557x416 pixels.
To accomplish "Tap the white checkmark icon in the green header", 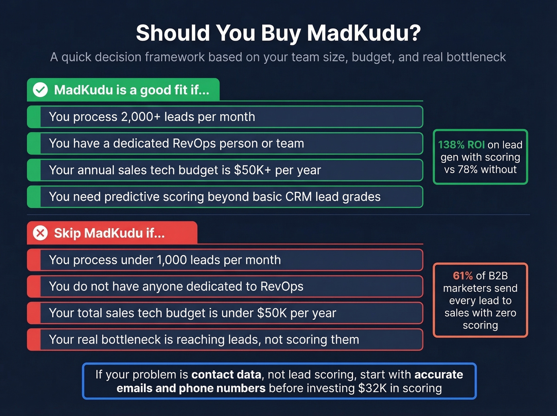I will click(40, 90).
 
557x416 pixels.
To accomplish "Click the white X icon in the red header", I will click(40, 233).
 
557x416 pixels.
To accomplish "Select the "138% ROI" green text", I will click(461, 145).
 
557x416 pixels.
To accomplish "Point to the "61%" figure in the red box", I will click(463, 276).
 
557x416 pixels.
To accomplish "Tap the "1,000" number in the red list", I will click(172, 260).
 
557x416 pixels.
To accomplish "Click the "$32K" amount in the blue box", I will click(372, 388).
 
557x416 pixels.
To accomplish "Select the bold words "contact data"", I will click(226, 375).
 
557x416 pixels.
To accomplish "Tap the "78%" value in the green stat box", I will click(467, 170).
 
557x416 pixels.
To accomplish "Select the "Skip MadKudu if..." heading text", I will click(109, 233).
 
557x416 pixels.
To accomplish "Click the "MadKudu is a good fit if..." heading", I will click(131, 90).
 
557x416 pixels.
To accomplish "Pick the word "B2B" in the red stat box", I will click(498, 276).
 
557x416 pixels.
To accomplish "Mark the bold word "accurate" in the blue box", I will click(438, 375).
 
